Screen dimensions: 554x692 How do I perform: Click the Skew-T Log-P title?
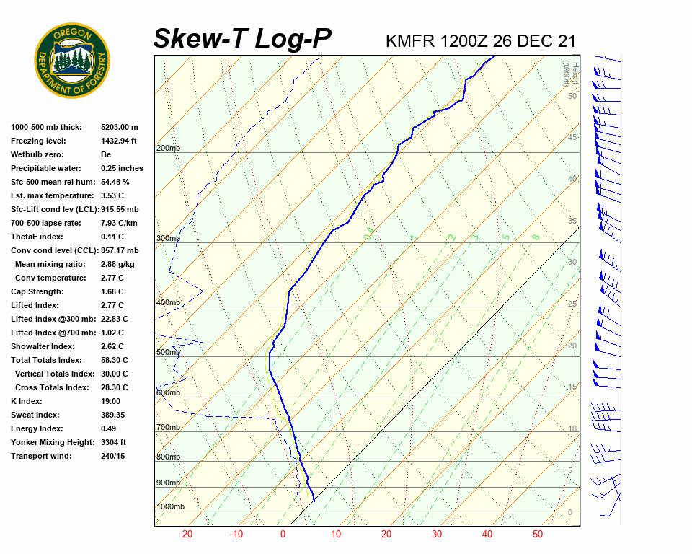point(242,39)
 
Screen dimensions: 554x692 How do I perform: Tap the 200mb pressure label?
point(168,149)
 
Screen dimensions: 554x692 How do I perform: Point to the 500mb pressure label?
point(168,353)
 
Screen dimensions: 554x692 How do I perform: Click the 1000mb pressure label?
point(170,507)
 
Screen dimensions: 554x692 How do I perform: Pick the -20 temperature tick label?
point(186,535)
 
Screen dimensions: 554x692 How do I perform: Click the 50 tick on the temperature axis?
point(538,535)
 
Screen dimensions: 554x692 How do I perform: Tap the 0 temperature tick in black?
point(283,535)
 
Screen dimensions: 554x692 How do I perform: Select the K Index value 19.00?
point(111,401)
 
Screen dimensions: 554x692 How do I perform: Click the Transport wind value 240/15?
point(113,456)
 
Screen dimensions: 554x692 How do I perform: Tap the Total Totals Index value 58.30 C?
point(115,360)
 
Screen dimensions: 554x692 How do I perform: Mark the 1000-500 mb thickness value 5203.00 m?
point(120,127)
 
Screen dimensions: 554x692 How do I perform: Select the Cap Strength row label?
point(37,291)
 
